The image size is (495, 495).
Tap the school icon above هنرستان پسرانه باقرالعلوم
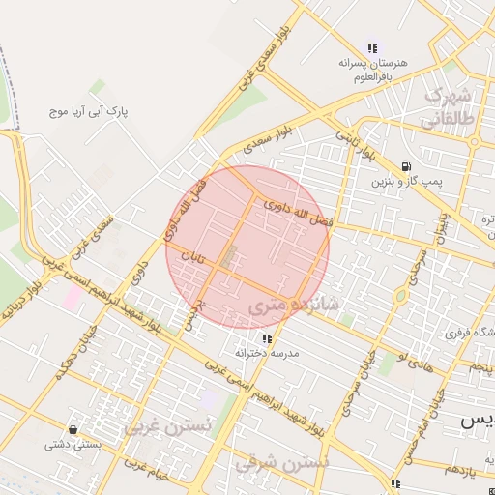click(x=373, y=48)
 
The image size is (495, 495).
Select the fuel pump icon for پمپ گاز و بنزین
click(x=403, y=165)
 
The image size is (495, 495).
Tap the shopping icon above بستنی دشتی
click(x=72, y=429)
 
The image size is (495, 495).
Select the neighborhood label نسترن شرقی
click(x=281, y=462)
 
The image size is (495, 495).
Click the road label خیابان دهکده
click(x=73, y=358)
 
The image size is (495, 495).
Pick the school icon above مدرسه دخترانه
click(x=267, y=338)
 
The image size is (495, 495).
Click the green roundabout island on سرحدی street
click(x=399, y=297)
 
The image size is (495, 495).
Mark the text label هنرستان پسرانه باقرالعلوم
click(x=373, y=70)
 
